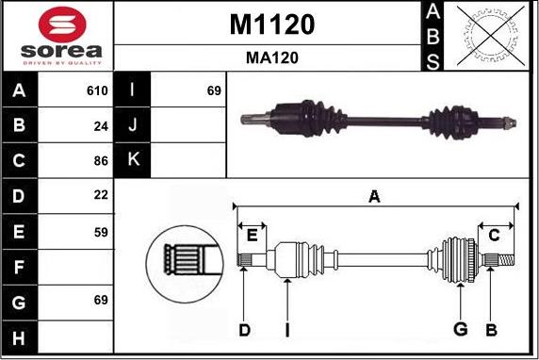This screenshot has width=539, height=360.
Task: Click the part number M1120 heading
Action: tap(271, 25)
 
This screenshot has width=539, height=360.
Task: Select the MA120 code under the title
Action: tap(271, 57)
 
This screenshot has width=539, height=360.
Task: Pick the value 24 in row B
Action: tap(101, 125)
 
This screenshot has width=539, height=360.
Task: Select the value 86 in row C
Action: tap(101, 160)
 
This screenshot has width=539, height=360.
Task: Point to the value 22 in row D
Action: tap(101, 194)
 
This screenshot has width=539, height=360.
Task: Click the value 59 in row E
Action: tap(101, 230)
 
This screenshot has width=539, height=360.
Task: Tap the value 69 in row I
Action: tap(213, 91)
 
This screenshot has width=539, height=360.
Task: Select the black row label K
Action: tap(133, 160)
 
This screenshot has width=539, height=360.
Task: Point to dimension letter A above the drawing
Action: tap(374, 196)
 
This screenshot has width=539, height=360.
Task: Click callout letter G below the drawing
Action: tap(460, 329)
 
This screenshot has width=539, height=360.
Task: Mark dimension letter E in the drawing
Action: tap(252, 236)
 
